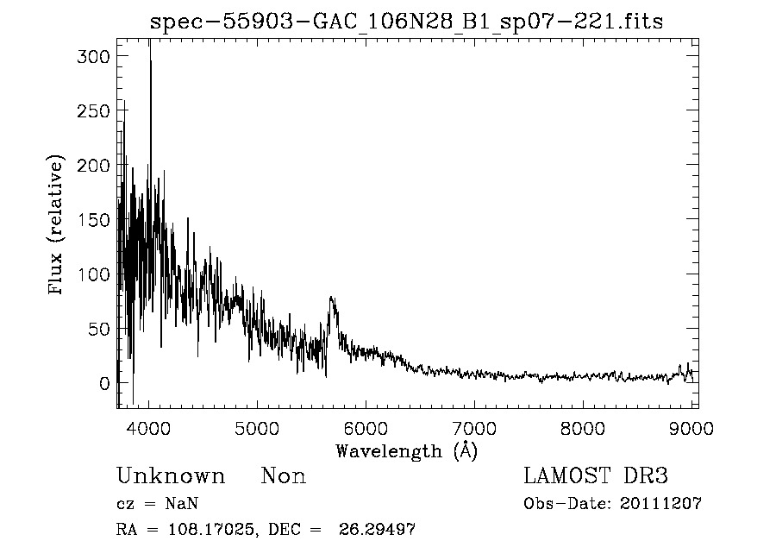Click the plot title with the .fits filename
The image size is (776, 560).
coord(407,22)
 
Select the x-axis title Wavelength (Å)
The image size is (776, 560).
coord(406,450)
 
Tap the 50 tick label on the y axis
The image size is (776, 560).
coord(95,329)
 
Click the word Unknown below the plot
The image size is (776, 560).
coord(171,476)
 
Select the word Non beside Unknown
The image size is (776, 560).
coord(284,476)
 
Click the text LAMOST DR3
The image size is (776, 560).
coord(596,476)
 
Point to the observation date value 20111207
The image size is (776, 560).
coord(660,504)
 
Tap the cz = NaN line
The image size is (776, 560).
coord(160,504)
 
